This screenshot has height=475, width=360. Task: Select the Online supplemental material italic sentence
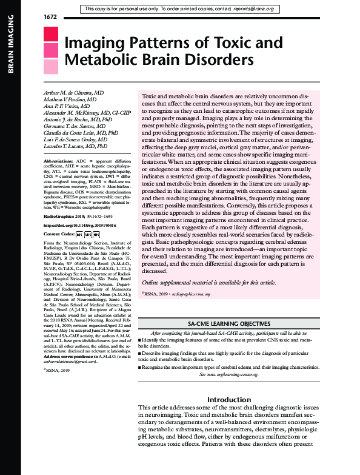[208, 283]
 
